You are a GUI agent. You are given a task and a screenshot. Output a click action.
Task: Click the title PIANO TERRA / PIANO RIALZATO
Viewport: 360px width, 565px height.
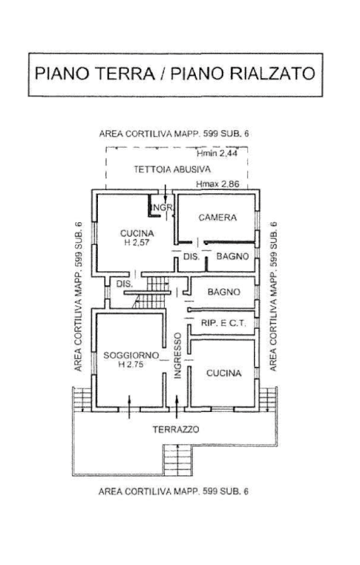pyautogui.click(x=175, y=74)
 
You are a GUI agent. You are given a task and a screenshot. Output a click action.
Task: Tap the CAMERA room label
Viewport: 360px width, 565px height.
pyautogui.click(x=217, y=217)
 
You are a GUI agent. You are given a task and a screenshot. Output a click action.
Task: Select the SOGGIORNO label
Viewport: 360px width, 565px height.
pyautogui.click(x=131, y=355)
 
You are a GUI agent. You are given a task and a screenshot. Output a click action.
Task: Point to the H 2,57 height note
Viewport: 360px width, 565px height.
pyautogui.click(x=137, y=243)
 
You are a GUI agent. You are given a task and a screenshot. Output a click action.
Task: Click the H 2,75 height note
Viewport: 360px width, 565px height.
pyautogui.click(x=131, y=364)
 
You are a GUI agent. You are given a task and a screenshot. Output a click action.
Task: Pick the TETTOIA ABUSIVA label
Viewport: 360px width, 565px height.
pyautogui.click(x=172, y=169)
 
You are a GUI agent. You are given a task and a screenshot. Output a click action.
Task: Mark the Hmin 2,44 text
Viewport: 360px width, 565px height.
pyautogui.click(x=217, y=154)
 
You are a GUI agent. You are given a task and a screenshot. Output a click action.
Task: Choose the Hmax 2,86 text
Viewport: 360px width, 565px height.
pyautogui.click(x=217, y=184)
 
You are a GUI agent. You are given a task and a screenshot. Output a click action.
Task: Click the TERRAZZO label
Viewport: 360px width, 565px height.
pyautogui.click(x=176, y=430)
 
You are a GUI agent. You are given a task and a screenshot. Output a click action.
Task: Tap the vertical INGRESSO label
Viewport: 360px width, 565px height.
pyautogui.click(x=177, y=355)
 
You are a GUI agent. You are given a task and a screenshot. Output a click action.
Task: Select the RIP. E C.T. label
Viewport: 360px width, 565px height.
pyautogui.click(x=223, y=323)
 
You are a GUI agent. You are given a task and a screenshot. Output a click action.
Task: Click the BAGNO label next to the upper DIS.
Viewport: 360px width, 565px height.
pyautogui.click(x=233, y=256)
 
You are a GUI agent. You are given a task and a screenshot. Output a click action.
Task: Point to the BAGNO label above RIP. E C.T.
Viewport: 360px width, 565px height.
pyautogui.click(x=224, y=292)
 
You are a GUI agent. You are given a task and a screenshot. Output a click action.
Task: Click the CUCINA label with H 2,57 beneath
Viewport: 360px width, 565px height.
pyautogui.click(x=137, y=233)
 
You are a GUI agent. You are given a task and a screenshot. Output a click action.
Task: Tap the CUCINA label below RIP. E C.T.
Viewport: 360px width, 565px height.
pyautogui.click(x=224, y=373)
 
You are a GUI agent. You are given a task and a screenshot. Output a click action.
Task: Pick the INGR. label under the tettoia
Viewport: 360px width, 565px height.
pyautogui.click(x=163, y=208)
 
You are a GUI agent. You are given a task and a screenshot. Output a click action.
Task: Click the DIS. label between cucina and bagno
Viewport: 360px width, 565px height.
pyautogui.click(x=191, y=257)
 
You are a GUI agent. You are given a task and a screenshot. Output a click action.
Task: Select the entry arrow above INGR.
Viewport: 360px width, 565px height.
pyautogui.click(x=165, y=193)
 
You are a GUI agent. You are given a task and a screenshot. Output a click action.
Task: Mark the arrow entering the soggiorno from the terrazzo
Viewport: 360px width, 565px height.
pyautogui.click(x=130, y=407)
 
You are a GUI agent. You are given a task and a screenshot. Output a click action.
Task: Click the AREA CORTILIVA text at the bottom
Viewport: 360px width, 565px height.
pyautogui.click(x=173, y=491)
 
